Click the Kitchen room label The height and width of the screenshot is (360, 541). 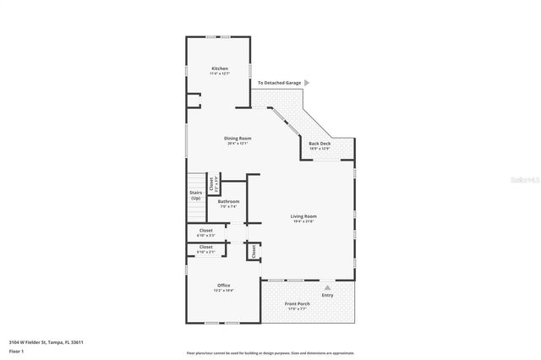[220, 68]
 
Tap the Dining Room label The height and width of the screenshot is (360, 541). [238, 138]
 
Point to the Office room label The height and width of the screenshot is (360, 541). [223, 285]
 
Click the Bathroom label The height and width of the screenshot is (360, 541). [228, 201]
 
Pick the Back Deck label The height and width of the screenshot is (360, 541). [320, 144]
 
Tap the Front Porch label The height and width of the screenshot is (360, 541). [297, 303]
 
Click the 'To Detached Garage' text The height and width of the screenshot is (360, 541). [280, 83]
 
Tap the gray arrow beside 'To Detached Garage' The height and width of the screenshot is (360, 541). [307, 83]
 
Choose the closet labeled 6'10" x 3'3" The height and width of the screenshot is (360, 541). [205, 230]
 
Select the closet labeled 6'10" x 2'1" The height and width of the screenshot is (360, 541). [205, 247]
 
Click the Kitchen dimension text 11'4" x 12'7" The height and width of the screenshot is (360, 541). [220, 74]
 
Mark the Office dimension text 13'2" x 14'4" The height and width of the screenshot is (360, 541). [223, 290]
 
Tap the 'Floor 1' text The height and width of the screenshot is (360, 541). [17, 350]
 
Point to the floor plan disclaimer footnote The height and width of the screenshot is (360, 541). [270, 352]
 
